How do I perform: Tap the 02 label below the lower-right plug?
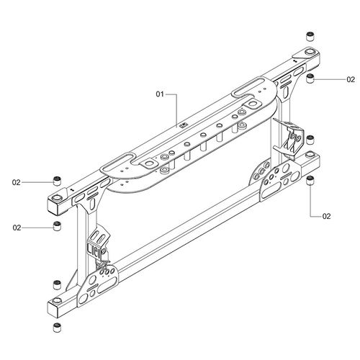pyautogui.click(x=327, y=216)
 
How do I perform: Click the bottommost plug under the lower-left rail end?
pyautogui.click(x=56, y=327)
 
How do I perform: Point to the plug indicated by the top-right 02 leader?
pyautogui.click(x=310, y=78)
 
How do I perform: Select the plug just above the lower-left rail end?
pyautogui.click(x=56, y=283)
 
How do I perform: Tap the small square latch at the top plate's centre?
pyautogui.click(x=183, y=127)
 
